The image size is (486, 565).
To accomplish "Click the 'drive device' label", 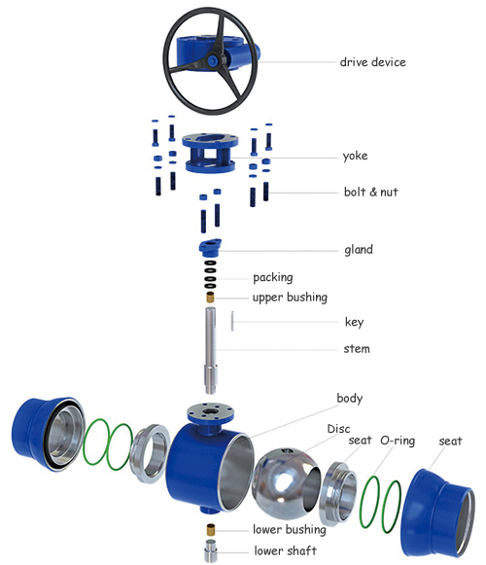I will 372,63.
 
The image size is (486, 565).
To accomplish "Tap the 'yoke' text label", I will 357,156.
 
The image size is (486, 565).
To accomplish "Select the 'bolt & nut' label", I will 370,193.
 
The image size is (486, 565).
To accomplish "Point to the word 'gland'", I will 358,250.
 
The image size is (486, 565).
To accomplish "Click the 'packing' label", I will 272,277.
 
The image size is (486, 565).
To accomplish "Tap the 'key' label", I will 354,322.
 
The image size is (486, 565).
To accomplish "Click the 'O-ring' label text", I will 398,441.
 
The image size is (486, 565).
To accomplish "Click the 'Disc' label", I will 338,427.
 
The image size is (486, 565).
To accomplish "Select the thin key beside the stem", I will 234,321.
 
